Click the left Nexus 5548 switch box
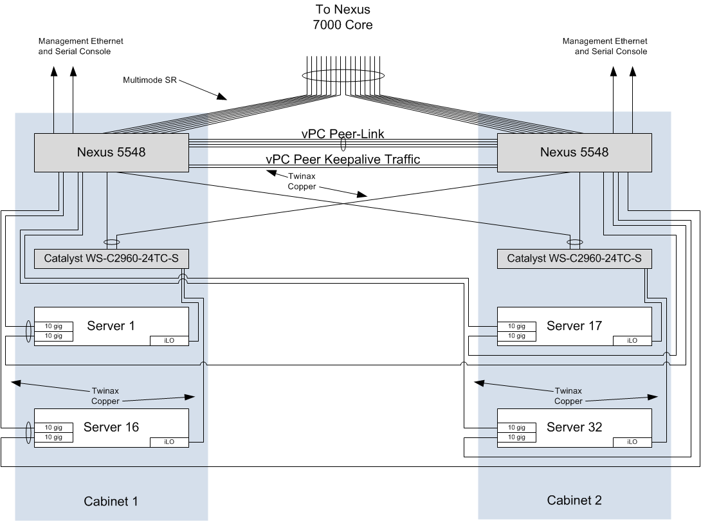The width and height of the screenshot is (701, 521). click(x=111, y=152)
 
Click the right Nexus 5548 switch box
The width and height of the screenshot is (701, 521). click(x=574, y=152)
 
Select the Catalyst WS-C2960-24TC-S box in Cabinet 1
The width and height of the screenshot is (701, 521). click(x=111, y=259)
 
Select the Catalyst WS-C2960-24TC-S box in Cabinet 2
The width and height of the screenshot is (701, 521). click(x=574, y=259)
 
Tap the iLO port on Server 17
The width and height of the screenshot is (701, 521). click(x=632, y=340)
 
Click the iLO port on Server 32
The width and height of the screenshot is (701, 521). click(x=632, y=442)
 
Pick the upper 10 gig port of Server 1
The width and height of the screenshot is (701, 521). click(x=53, y=325)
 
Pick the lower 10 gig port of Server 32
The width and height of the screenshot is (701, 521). click(x=516, y=437)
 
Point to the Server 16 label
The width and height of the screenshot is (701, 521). click(x=111, y=426)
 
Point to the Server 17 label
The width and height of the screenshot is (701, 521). click(x=574, y=325)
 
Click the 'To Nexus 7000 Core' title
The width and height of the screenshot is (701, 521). click(x=343, y=17)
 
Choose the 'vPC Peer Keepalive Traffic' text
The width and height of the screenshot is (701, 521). click(x=343, y=160)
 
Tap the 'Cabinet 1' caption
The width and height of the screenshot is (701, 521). click(x=111, y=501)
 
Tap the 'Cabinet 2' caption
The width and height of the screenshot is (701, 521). click(x=574, y=500)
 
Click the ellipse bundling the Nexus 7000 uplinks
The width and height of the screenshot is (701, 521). click(x=343, y=76)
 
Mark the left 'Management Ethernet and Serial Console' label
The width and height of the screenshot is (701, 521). click(x=81, y=46)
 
